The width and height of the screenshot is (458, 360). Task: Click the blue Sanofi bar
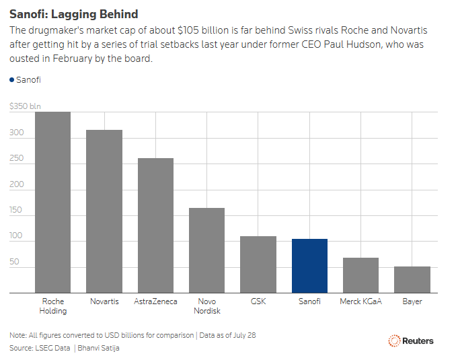click(x=309, y=266)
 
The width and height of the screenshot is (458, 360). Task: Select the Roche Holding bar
click(x=53, y=203)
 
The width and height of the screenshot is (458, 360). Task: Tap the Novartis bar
click(x=104, y=211)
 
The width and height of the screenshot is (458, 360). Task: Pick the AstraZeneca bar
click(x=155, y=225)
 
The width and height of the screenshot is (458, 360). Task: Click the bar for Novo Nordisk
click(x=206, y=250)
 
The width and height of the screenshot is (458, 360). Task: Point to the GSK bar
click(x=258, y=264)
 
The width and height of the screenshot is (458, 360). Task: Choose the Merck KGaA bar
click(x=360, y=275)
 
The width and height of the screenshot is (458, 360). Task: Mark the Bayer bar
click(x=412, y=280)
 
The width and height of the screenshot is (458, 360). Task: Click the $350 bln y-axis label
click(x=25, y=106)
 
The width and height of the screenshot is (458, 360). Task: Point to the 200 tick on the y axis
click(x=17, y=184)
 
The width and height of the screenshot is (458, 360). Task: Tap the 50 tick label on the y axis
click(x=14, y=262)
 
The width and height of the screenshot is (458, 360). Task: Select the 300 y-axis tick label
click(x=17, y=133)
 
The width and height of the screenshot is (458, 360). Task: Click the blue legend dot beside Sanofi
click(x=11, y=80)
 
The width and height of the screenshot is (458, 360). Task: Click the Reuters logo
click(x=411, y=340)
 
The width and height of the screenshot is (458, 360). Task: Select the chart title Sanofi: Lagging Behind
click(x=73, y=14)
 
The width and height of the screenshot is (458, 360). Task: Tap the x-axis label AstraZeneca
click(x=155, y=301)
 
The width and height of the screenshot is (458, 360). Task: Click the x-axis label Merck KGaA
click(x=360, y=301)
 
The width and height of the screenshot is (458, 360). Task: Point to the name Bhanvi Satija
click(x=98, y=348)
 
